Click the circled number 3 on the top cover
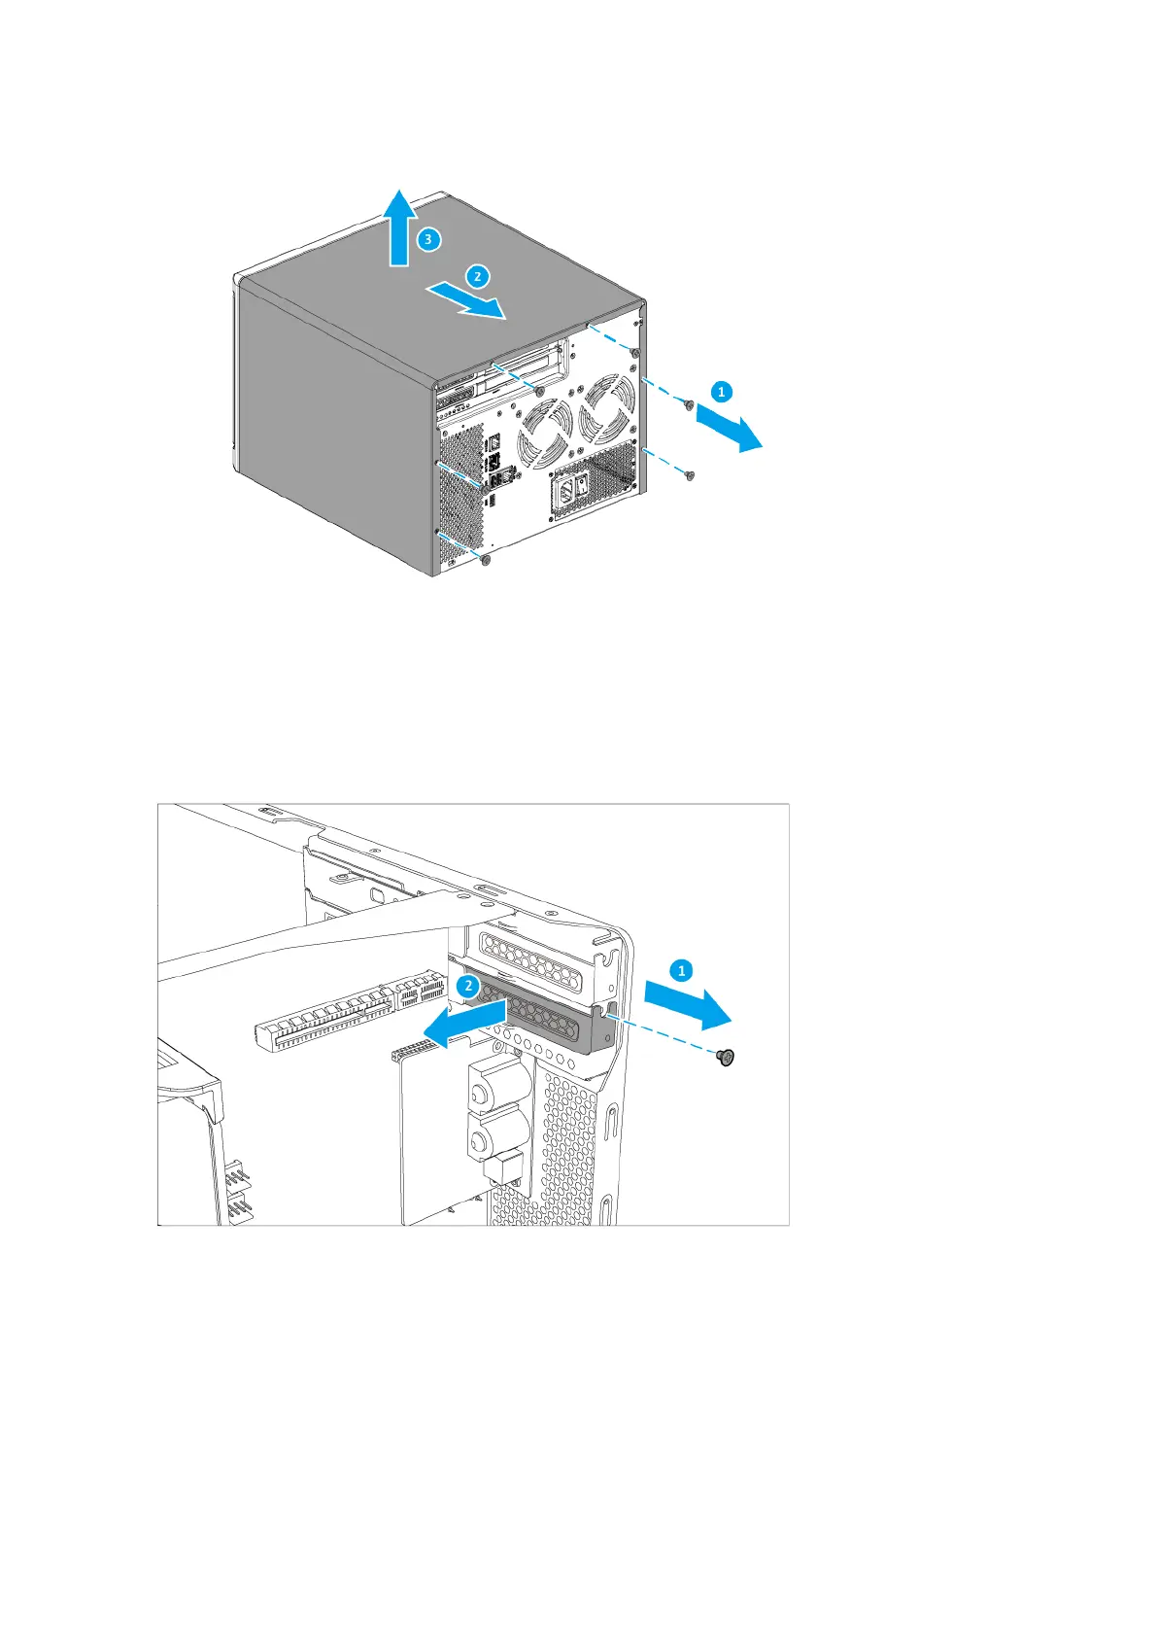(x=430, y=238)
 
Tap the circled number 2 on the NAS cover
(x=477, y=276)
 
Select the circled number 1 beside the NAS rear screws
(x=721, y=392)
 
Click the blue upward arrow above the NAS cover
(x=399, y=227)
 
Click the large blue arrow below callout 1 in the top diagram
(x=730, y=429)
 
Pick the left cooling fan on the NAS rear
(x=545, y=435)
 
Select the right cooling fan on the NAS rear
(x=608, y=407)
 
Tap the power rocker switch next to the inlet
(x=584, y=484)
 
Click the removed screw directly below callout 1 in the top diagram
(x=688, y=404)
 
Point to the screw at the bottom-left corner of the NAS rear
(x=487, y=561)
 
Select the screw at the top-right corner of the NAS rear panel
(x=634, y=352)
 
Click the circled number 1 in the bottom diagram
(x=682, y=970)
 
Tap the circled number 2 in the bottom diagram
(x=468, y=986)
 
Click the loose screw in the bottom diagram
(x=724, y=1058)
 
